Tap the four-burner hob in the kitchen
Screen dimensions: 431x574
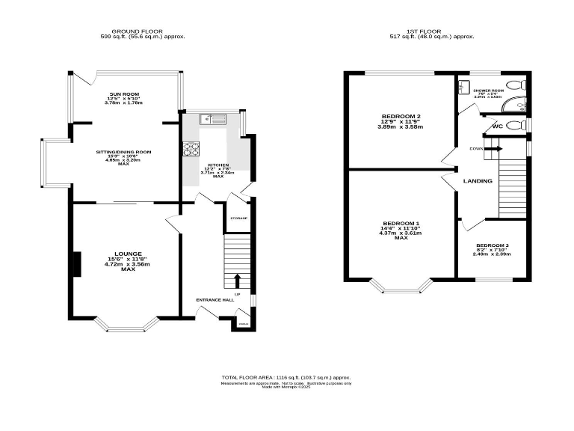(188, 148)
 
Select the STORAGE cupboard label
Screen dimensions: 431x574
(238, 218)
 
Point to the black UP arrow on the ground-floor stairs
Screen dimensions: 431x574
(238, 281)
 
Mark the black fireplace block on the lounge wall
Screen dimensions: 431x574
(76, 265)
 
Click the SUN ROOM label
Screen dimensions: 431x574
(125, 94)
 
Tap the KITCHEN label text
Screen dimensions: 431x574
(218, 164)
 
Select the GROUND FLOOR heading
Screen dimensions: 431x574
(143, 31)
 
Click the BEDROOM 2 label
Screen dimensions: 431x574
(401, 116)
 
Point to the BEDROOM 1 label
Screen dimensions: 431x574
(401, 224)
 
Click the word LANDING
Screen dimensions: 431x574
(478, 181)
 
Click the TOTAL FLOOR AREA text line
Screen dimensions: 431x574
(286, 377)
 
